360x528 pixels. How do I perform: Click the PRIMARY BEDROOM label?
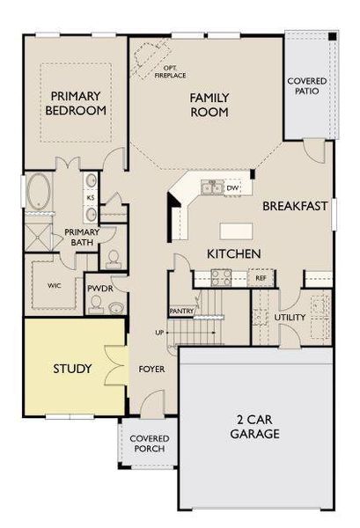(x=77, y=104)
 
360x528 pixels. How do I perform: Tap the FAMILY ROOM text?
(x=209, y=105)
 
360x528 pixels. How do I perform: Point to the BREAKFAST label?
(x=295, y=206)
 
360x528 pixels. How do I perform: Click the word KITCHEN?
(x=232, y=253)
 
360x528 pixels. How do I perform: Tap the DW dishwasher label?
(x=232, y=187)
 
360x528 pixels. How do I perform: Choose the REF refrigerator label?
(x=261, y=278)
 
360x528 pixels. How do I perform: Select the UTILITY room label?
(x=289, y=317)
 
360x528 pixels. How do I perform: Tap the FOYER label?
(x=152, y=368)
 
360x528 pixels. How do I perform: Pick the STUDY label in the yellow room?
(x=72, y=368)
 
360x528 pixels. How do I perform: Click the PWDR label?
(x=99, y=287)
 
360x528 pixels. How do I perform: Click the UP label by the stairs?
(x=158, y=333)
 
